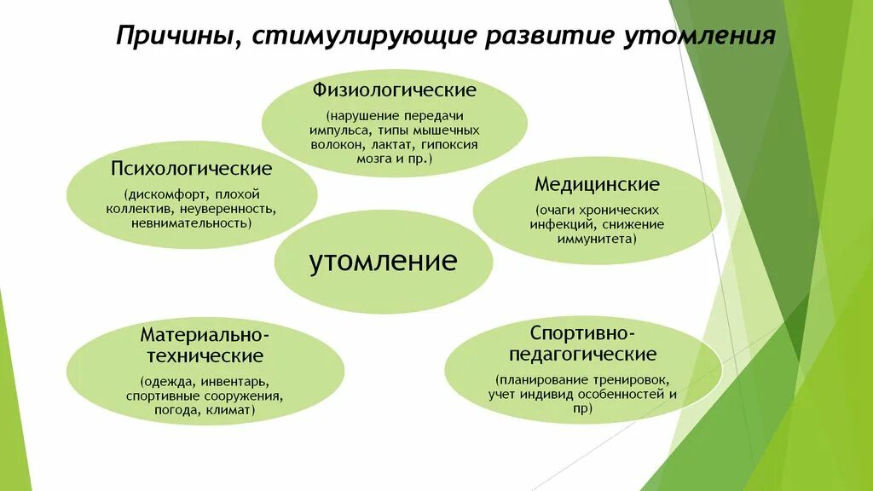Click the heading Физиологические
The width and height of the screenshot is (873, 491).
click(x=394, y=90)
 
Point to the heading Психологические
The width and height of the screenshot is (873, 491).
click(x=191, y=168)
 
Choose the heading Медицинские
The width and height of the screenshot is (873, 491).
click(x=597, y=184)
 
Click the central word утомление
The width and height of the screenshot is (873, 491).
click(x=383, y=260)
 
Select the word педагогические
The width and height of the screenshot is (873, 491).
click(x=582, y=354)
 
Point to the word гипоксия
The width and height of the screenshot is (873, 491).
click(x=448, y=145)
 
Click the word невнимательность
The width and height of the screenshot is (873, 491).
click(x=191, y=222)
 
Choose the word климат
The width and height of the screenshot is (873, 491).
click(x=230, y=410)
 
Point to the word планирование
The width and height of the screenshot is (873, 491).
click(x=541, y=379)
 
